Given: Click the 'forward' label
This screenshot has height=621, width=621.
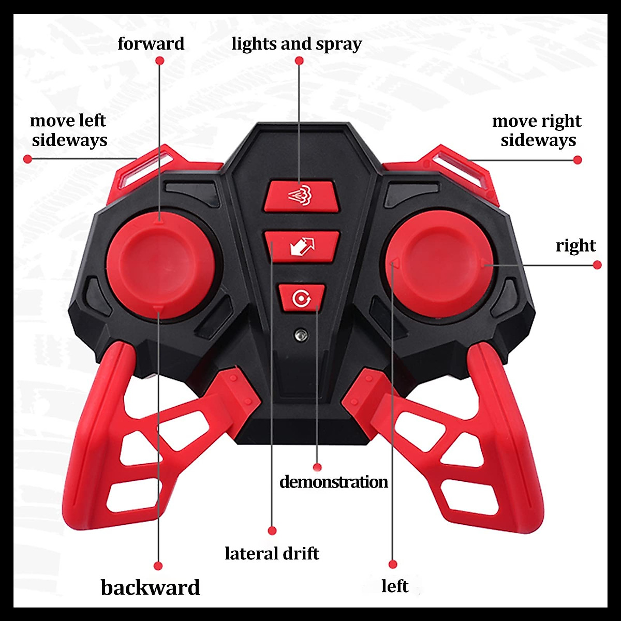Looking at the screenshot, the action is point(151,43).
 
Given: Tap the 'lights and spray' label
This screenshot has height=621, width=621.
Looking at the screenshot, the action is point(296,44).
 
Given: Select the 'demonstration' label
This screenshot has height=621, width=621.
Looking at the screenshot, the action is point(333,482).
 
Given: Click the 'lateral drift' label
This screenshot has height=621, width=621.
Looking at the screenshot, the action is point(272,554).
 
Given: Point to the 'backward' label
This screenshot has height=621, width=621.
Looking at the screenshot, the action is point(150,588).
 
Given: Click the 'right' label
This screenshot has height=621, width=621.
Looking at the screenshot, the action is point(575,245).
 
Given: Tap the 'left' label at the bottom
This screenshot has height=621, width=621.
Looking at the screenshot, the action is point(394,586).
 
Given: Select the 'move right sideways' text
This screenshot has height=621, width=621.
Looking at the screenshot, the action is point(537,130).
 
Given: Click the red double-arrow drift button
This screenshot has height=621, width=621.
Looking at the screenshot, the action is point(302,246).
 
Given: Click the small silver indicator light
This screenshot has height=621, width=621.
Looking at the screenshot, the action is point(299,334).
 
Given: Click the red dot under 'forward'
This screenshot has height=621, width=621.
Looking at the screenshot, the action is point(159,61).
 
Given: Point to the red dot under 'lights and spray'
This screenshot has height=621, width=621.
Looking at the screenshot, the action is point(299,61).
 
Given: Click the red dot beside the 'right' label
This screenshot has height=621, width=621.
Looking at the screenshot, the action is point(597,264).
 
